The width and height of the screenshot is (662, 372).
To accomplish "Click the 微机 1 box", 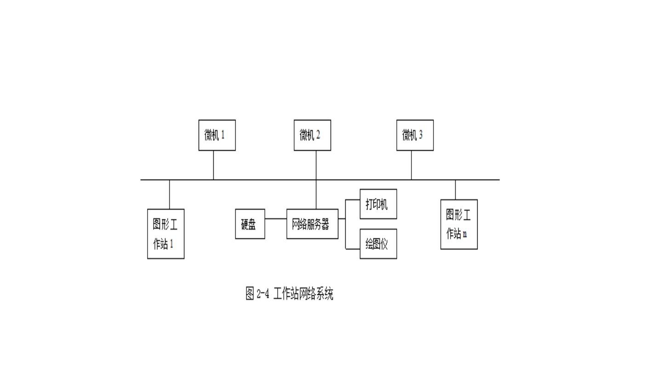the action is (x=217, y=135).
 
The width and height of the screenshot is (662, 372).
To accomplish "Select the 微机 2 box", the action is (x=312, y=135).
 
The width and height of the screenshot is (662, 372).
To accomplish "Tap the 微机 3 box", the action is (x=415, y=135).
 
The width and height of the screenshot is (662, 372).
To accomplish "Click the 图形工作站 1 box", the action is (x=165, y=234).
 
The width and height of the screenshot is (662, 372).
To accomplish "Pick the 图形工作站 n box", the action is (x=459, y=224).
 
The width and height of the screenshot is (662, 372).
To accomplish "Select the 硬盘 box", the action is (x=250, y=224).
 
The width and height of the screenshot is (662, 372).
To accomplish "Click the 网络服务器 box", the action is (x=312, y=224).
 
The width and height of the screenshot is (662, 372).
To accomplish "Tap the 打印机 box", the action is (x=378, y=204).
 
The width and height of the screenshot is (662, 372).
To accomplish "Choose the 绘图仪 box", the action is (x=378, y=244).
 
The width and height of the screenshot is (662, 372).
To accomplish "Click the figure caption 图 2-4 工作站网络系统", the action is (x=289, y=293).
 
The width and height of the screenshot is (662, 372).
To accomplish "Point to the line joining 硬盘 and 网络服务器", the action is (x=276, y=219).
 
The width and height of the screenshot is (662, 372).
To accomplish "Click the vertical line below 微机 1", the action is (x=213, y=165).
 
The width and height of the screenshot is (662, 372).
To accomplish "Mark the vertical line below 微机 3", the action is (x=411, y=165).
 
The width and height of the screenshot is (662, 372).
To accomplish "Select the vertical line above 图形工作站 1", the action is (x=170, y=194).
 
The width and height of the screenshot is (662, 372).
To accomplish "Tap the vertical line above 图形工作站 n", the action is (x=456, y=190).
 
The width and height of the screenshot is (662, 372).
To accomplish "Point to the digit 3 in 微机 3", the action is (x=421, y=135).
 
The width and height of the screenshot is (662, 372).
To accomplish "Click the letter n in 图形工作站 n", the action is (x=465, y=234).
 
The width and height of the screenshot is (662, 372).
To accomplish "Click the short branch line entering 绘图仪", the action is (x=353, y=249).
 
